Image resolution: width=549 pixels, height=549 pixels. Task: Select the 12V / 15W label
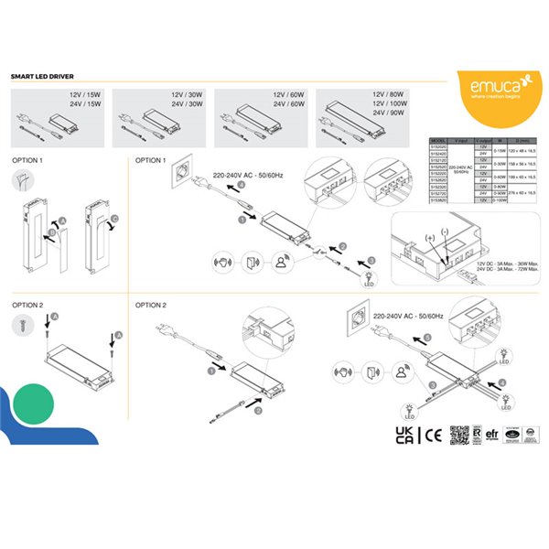pos(82,95)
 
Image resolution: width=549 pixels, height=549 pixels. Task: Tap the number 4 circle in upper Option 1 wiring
pos(242,185)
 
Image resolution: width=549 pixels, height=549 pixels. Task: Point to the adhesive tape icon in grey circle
pos(24,180)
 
